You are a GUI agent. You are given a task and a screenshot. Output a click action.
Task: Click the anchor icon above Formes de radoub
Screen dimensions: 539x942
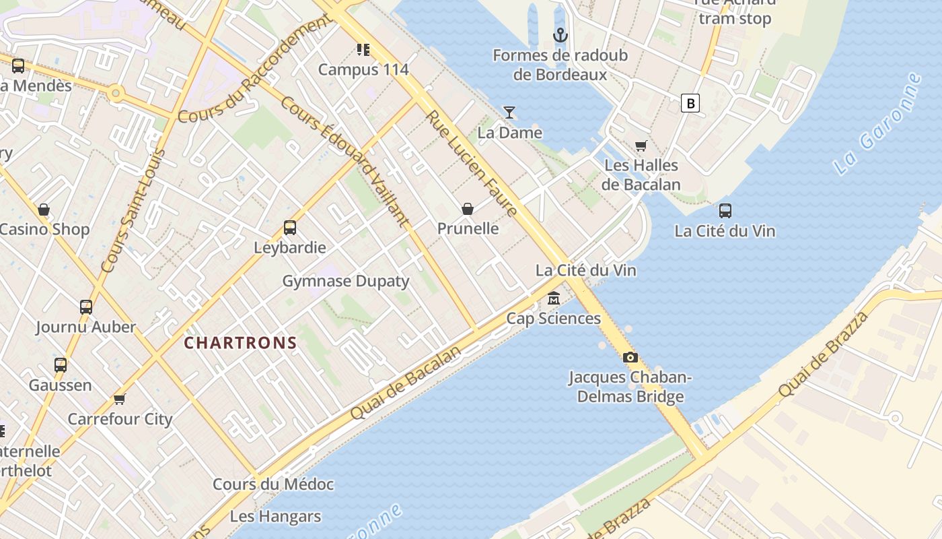click(560, 35)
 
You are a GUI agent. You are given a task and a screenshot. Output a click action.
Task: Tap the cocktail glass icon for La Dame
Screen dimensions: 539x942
click(509, 113)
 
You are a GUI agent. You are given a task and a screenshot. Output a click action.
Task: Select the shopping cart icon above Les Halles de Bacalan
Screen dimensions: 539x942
click(641, 146)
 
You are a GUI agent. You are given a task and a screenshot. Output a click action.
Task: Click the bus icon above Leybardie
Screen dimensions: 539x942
click(290, 228)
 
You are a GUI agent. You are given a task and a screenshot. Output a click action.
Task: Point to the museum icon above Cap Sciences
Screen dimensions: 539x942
click(554, 298)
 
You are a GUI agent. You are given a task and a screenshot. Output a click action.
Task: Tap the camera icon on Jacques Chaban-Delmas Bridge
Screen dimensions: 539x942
click(630, 357)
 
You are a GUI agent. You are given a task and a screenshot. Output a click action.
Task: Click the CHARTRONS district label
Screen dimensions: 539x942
click(241, 343)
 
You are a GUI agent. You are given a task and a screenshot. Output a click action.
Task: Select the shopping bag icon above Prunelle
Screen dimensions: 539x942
click(468, 209)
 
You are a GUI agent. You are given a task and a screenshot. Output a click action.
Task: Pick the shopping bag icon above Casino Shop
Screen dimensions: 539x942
click(44, 210)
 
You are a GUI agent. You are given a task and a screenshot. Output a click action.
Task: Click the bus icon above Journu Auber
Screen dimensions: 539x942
click(86, 307)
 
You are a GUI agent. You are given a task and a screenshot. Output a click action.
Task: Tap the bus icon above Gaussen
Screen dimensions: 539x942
click(61, 365)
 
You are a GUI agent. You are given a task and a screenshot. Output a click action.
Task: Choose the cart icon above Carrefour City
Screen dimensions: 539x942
click(120, 399)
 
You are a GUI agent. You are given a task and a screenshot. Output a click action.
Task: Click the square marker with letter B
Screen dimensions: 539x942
click(690, 103)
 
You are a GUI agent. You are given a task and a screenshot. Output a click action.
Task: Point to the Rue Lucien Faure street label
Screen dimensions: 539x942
click(472, 163)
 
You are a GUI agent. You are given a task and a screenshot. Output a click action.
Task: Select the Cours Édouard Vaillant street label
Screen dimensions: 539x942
click(345, 162)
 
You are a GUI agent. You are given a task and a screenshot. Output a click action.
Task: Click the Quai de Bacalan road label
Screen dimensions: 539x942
click(406, 383)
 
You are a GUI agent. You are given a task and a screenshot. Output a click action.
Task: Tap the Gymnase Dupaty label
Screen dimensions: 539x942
click(345, 281)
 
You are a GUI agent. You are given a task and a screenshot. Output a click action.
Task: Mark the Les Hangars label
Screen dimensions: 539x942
click(275, 517)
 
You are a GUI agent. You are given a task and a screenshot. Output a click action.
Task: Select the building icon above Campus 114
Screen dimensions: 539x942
click(363, 49)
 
